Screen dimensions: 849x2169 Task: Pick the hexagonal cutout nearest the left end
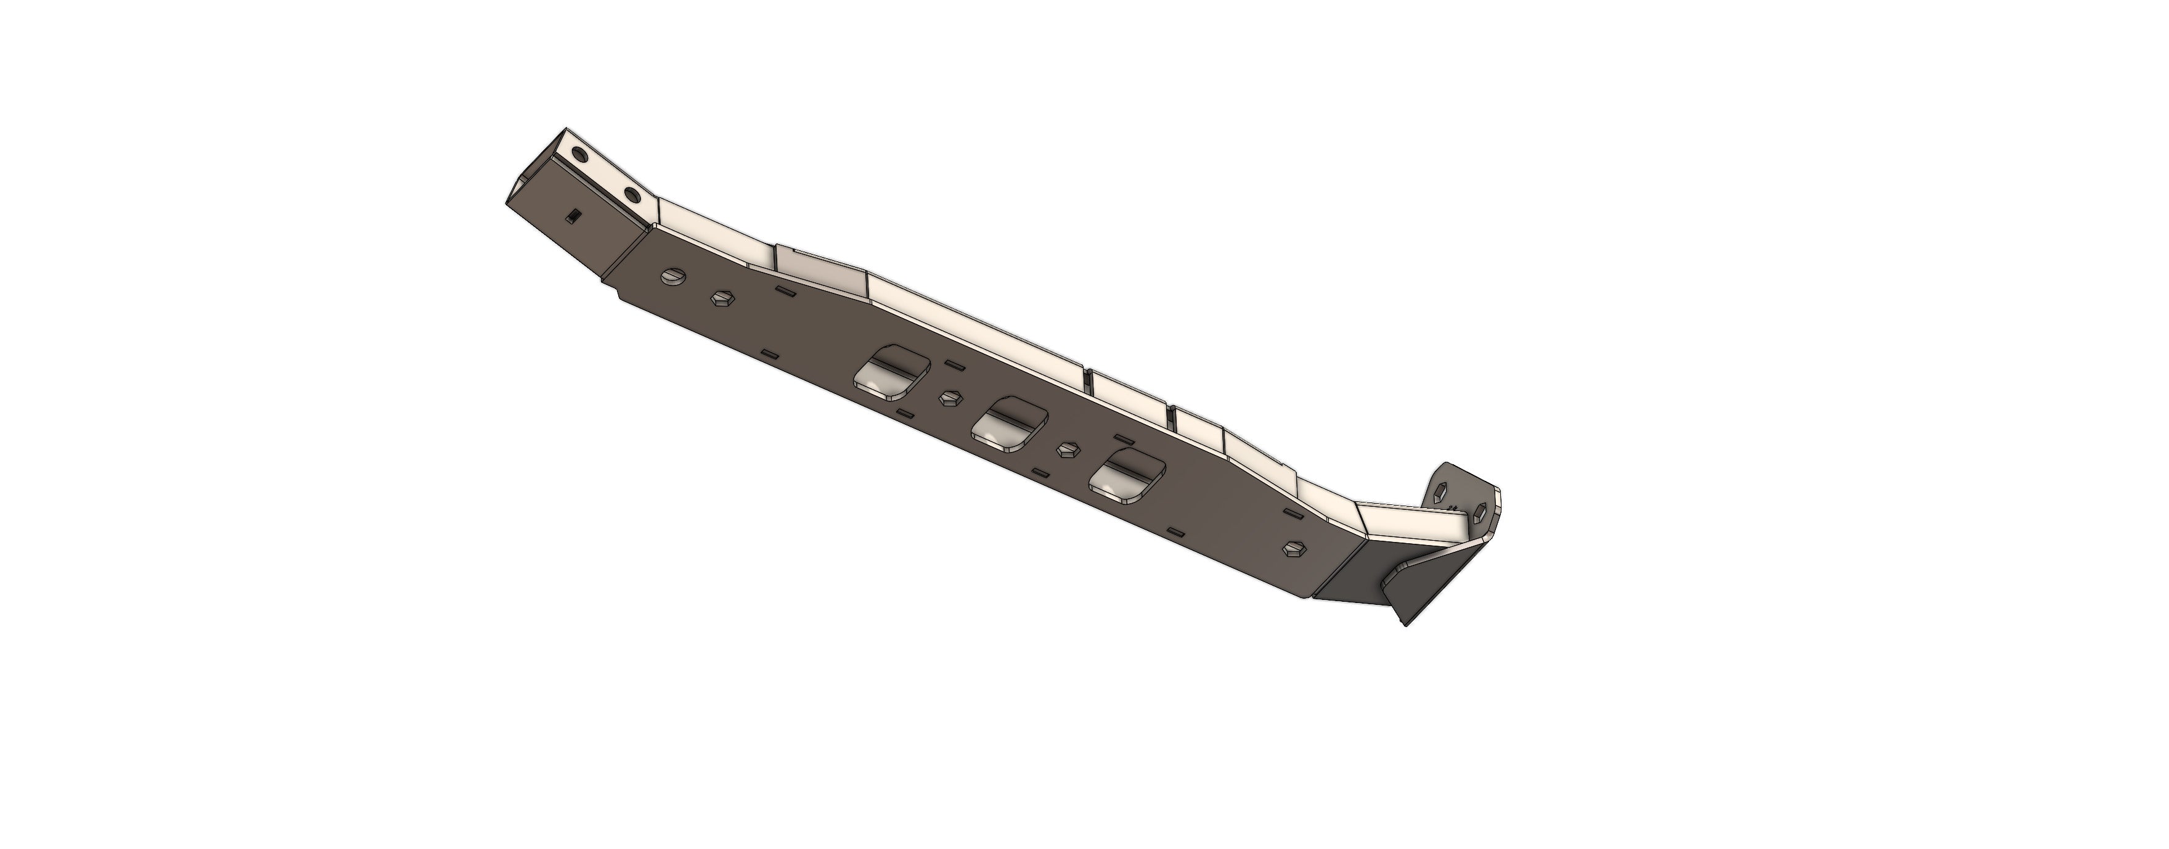point(722,298)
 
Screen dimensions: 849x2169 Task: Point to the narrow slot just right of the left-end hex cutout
point(784,292)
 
